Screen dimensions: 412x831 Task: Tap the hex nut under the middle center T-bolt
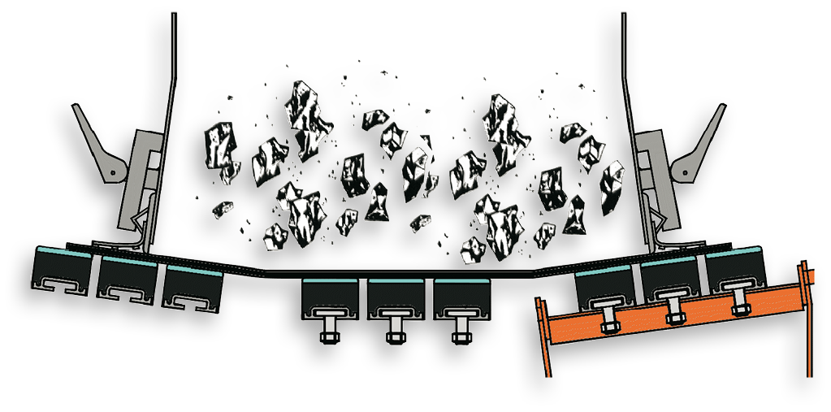coord(396,335)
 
